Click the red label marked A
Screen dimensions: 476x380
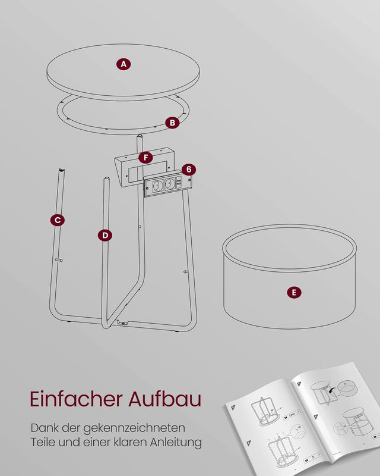coord(123,64)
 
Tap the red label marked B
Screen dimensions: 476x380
coord(172,123)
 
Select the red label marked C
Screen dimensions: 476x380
coord(57,220)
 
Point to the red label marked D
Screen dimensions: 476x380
coord(104,235)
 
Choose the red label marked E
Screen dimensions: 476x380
coord(293,292)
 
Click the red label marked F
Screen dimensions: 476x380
coord(145,158)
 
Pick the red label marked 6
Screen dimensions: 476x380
coord(188,170)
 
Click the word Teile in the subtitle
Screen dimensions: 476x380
coord(43,442)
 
